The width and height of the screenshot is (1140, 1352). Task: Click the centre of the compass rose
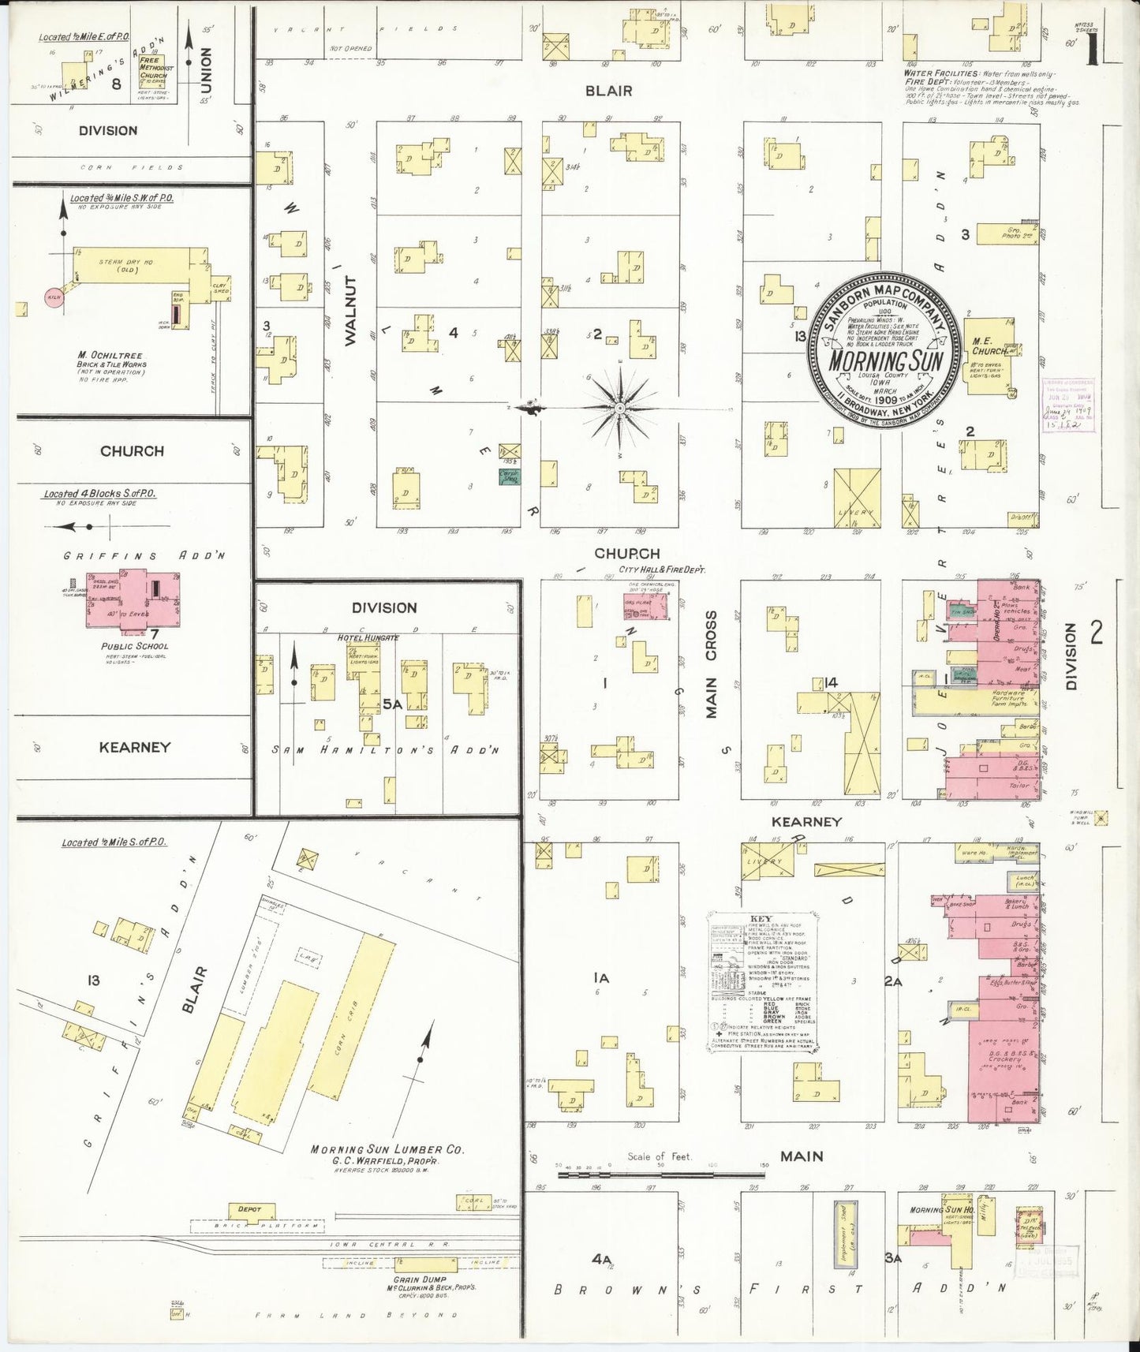point(620,408)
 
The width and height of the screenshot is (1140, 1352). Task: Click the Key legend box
point(761,980)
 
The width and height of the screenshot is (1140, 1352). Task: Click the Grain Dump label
point(422,1279)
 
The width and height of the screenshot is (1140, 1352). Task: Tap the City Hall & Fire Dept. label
point(662,569)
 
